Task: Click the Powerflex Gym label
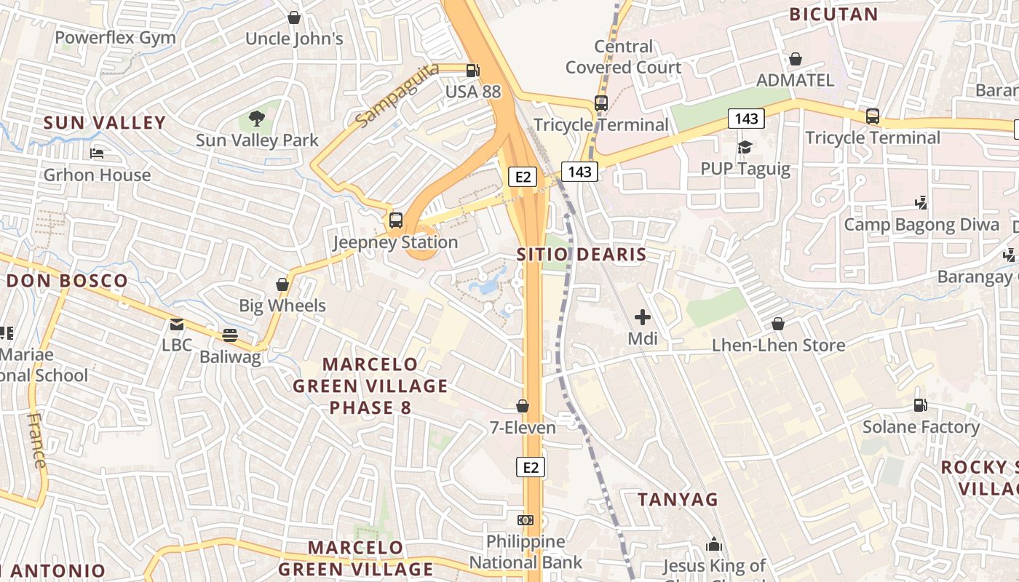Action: [x=115, y=38]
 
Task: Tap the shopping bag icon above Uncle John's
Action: [x=294, y=17]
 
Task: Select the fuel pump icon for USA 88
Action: [x=473, y=70]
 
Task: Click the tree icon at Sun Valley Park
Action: [x=256, y=118]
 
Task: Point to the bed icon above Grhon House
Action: [x=97, y=153]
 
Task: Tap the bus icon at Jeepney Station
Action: [x=396, y=220]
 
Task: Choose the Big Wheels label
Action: [x=282, y=306]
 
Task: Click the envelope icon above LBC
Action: [x=177, y=324]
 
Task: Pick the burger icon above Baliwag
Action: [x=230, y=335]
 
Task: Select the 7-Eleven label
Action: [x=523, y=428]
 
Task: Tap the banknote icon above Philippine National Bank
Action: [x=525, y=520]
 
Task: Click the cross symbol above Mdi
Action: [x=643, y=316]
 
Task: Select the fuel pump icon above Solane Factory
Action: [x=921, y=404]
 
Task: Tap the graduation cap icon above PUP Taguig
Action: [x=745, y=148]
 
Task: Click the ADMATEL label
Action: [x=796, y=80]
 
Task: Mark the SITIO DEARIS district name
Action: [x=582, y=255]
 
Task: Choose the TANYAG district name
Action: [x=678, y=500]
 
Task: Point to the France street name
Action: [x=36, y=440]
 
